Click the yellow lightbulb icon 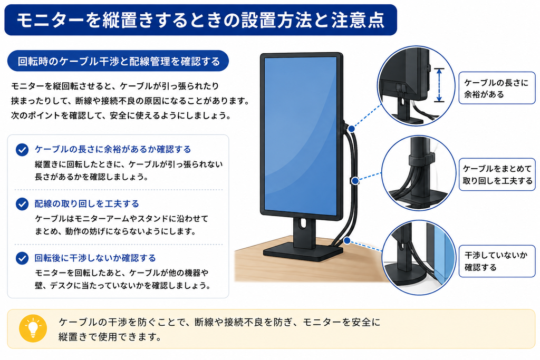(x=33, y=328)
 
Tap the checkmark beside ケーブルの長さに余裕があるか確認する (x=22, y=150)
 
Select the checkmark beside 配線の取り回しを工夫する (x=22, y=204)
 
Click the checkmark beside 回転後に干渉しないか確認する (x=22, y=258)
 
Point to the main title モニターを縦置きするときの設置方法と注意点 (x=200, y=20)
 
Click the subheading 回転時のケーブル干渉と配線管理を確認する (x=118, y=61)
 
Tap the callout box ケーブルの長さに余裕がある (x=497, y=88)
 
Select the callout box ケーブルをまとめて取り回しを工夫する (x=497, y=174)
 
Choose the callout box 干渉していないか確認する (x=497, y=261)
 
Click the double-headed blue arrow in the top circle (x=439, y=85)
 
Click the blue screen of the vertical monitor (x=301, y=136)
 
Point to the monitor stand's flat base (x=303, y=252)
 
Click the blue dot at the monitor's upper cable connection (x=351, y=129)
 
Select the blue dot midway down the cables (x=355, y=181)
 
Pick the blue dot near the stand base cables (x=347, y=240)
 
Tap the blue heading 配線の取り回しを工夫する (x=86, y=204)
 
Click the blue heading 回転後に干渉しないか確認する (x=95, y=258)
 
